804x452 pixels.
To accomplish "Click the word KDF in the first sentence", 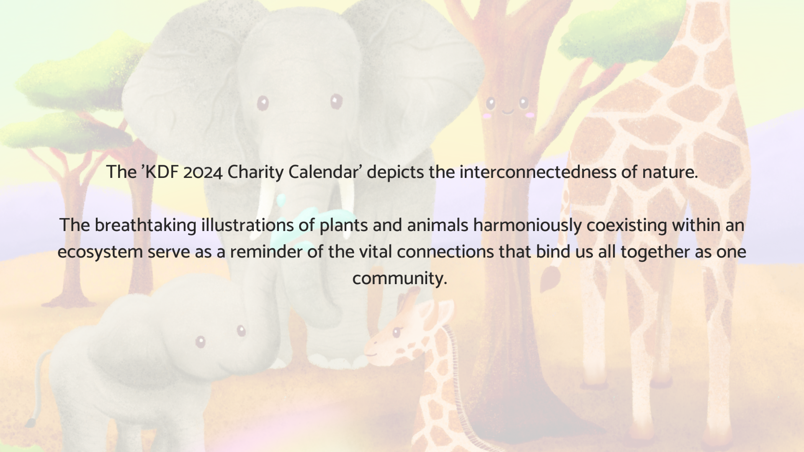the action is [x=161, y=172].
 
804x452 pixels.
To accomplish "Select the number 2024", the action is [x=203, y=172].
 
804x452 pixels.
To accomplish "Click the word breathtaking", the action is [x=145, y=226].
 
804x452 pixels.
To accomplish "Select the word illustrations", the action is [x=247, y=225].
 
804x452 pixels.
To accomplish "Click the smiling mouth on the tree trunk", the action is [x=508, y=112].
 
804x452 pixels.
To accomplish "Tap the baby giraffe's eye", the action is [x=396, y=332].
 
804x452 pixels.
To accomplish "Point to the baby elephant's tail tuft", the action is [x=30, y=422].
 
